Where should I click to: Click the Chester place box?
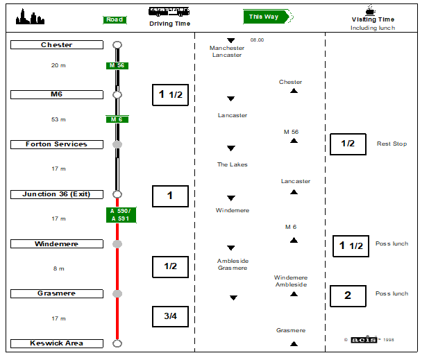[56, 45]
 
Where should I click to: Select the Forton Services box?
[56, 144]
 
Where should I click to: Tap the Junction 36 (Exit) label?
[56, 194]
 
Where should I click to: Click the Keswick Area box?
[56, 343]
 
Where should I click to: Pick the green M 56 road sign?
[116, 66]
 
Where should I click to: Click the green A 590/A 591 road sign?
[121, 215]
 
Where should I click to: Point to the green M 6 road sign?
[116, 119]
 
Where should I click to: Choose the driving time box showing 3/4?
[170, 316]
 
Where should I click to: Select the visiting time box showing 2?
[348, 296]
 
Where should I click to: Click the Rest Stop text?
[392, 144]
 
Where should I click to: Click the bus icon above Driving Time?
[169, 11]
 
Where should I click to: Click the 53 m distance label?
[58, 119]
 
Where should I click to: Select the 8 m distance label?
[58, 268]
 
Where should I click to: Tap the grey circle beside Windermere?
[117, 244]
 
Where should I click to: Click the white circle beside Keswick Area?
[117, 343]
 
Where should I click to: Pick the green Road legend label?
[115, 19]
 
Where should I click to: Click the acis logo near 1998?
[363, 339]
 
